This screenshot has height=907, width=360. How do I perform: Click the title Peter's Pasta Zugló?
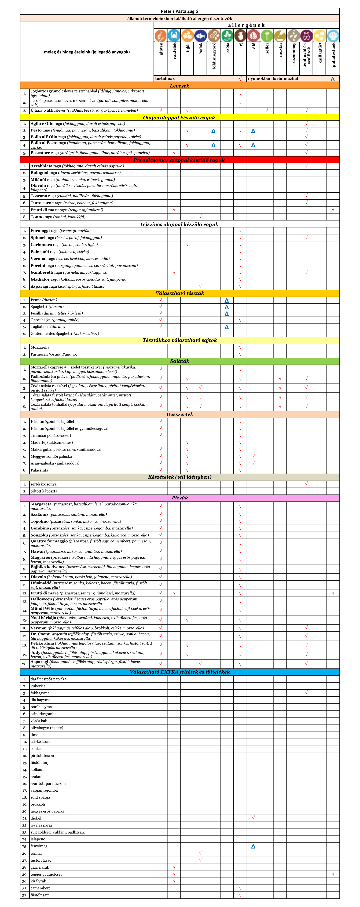click(x=179, y=11)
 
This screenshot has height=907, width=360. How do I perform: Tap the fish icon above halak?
click(x=200, y=36)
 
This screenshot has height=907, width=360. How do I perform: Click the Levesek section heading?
click(x=179, y=86)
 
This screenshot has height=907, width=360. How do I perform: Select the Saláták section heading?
click(x=179, y=361)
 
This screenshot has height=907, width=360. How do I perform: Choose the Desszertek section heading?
click(x=179, y=414)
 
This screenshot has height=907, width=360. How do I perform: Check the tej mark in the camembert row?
click(x=240, y=888)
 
